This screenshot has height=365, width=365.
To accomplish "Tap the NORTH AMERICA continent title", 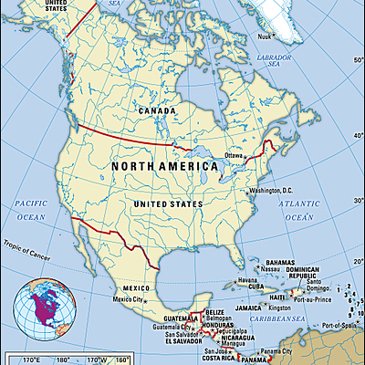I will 164,167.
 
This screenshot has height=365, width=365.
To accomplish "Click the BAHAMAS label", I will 273,261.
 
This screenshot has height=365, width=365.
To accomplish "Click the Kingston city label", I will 280,308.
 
